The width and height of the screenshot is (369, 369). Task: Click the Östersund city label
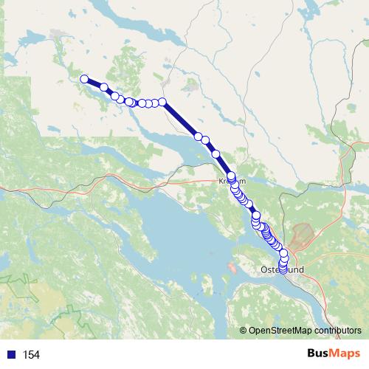[282, 270]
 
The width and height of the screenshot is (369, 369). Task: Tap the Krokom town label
[231, 180]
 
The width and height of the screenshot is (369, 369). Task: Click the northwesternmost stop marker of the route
[84, 79]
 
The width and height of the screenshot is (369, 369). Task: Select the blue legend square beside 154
[11, 355]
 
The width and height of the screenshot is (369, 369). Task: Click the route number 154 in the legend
[31, 355]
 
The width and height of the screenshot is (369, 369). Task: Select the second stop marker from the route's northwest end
[104, 88]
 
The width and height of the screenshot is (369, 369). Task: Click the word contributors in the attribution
[337, 331]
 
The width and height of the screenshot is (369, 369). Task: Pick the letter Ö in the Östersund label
[264, 270]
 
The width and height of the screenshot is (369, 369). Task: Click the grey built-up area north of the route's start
[58, 35]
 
